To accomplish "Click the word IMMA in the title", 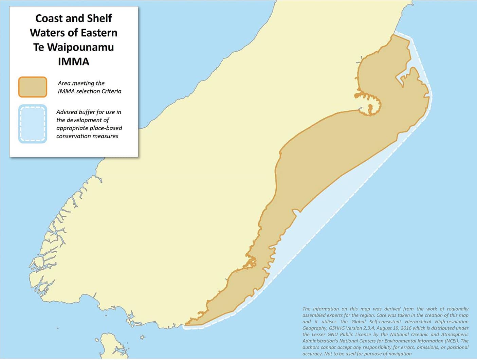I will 73,61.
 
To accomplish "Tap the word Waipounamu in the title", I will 81,47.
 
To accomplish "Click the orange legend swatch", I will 33,87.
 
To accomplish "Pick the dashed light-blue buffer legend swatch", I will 33,124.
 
